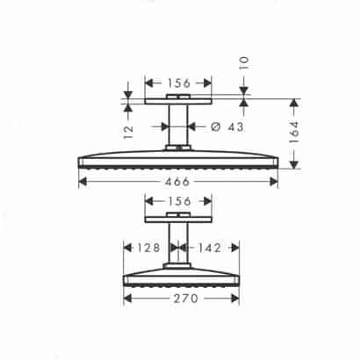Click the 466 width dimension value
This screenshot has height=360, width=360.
click(x=179, y=180)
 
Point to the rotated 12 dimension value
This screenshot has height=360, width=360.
click(x=128, y=133)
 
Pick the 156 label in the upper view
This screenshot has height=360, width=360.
click(x=179, y=83)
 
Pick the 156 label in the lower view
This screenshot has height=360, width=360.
click(x=179, y=201)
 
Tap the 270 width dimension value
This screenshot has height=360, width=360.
click(x=181, y=298)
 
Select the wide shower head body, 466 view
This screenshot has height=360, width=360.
click(x=179, y=161)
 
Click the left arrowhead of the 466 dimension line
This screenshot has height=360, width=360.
click(x=83, y=180)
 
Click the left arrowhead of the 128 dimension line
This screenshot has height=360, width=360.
click(x=126, y=248)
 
